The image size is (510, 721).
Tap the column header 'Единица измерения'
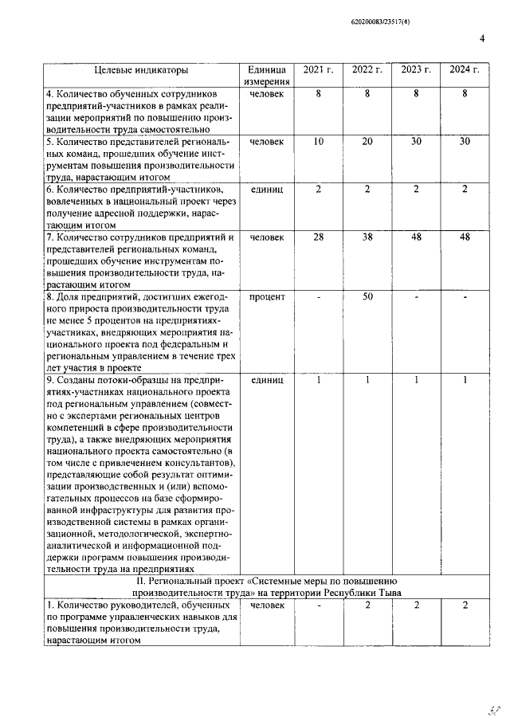click(x=266, y=76)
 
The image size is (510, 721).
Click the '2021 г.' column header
click(x=318, y=70)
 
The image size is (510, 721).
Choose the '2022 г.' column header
click(x=367, y=70)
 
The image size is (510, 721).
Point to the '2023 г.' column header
click(x=416, y=70)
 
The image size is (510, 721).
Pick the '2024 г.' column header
click(x=465, y=70)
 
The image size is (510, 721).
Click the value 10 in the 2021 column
click(x=318, y=141)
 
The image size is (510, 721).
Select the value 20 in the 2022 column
click(x=367, y=141)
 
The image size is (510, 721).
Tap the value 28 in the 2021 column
click(x=318, y=237)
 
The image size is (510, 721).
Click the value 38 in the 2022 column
click(x=367, y=237)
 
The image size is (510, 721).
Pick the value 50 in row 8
click(x=367, y=296)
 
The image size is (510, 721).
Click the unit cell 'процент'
click(x=266, y=296)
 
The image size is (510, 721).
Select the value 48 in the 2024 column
click(x=465, y=237)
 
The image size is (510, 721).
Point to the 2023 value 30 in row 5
click(x=416, y=141)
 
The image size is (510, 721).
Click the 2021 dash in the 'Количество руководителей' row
click(x=318, y=606)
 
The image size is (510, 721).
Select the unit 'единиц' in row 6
click(x=266, y=189)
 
